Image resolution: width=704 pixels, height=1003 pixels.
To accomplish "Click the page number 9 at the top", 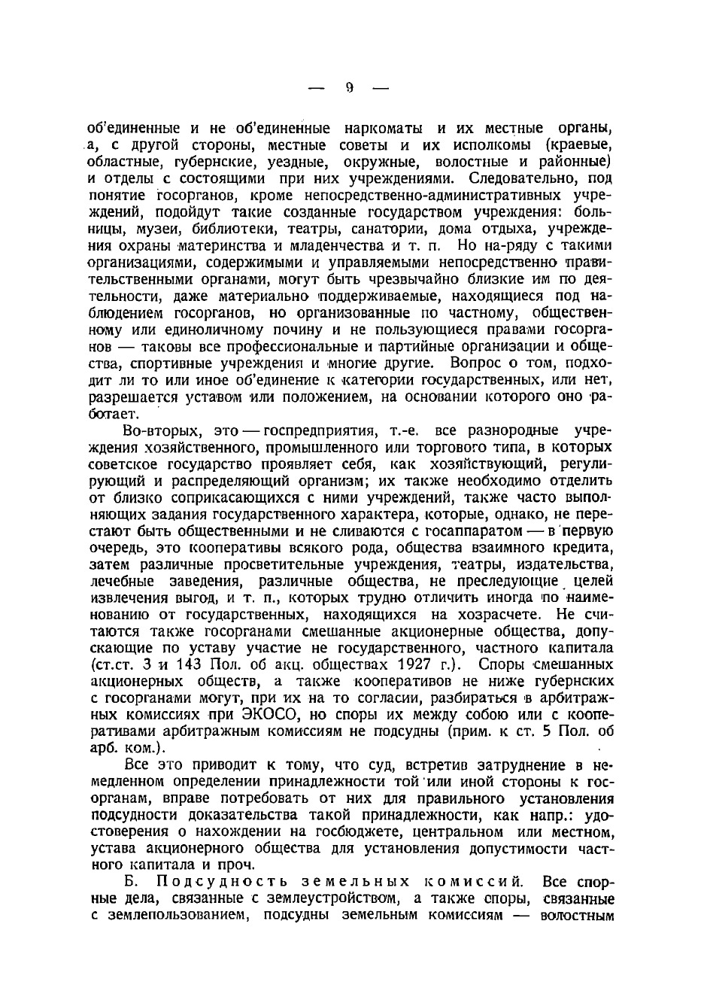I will point(350,87).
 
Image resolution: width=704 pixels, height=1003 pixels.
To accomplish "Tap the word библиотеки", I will point(228,229).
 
